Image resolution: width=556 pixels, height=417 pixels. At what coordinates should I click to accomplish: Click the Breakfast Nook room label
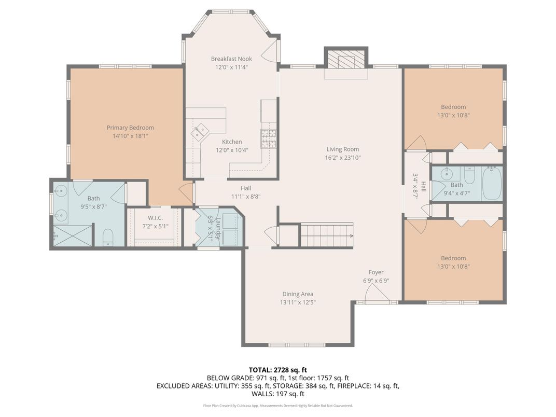pos(231,59)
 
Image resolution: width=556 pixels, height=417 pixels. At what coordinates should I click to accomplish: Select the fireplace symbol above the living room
pos(346,61)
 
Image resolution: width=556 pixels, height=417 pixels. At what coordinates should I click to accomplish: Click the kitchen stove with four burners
pos(268,138)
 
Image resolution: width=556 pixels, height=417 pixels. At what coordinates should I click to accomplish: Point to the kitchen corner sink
pos(200,133)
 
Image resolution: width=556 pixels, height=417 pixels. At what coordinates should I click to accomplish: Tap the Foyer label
pos(376,272)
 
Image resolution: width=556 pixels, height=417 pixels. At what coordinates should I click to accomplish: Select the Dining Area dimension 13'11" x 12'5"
pos(298,302)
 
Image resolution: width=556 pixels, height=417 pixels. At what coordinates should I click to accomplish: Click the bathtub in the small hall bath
pos(492,183)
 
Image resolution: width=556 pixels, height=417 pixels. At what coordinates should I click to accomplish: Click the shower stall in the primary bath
pos(72,235)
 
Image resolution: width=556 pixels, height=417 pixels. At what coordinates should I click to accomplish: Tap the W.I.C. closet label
pos(156,218)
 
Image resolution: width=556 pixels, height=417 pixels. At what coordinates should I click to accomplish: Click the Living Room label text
pos(343,149)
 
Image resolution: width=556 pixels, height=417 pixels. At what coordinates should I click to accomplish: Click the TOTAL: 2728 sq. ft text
pos(277,370)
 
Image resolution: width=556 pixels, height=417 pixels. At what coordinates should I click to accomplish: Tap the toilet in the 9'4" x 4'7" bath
pos(469,177)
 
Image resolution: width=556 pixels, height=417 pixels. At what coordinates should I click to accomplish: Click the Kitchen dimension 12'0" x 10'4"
pos(232,150)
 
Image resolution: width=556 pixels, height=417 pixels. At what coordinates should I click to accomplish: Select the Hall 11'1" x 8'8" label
pos(246,192)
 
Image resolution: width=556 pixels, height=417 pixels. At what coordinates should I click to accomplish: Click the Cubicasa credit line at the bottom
pos(277,406)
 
